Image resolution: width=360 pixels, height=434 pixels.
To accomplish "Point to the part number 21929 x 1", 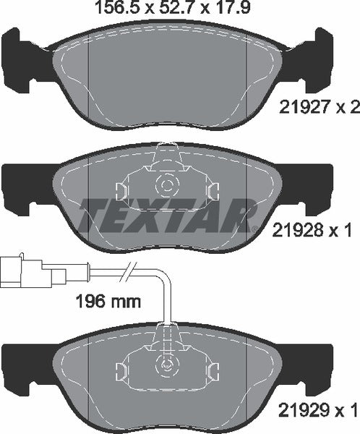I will (x=319, y=410).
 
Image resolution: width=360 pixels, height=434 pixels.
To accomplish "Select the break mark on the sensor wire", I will (x=127, y=273).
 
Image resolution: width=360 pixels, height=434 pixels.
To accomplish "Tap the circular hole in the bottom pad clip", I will (x=167, y=366).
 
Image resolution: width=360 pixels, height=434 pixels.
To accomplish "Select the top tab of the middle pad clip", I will (x=167, y=153).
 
